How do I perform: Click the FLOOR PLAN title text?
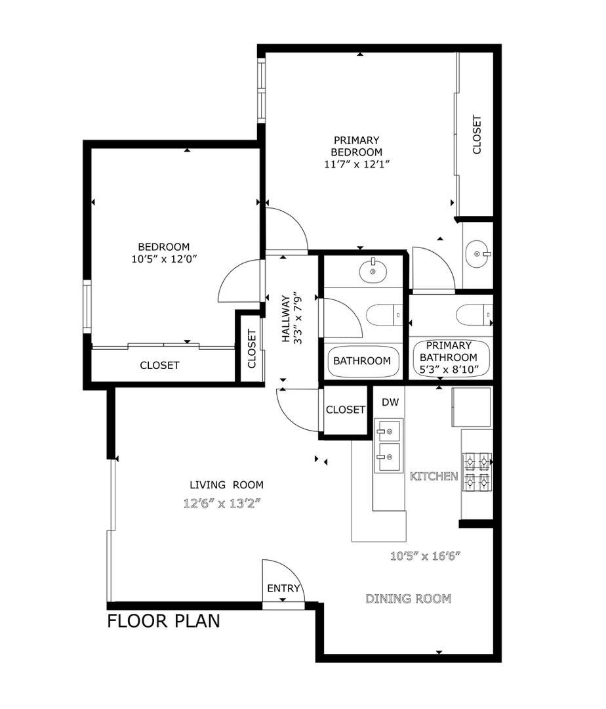(x=163, y=621)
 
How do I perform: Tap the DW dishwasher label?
(x=390, y=402)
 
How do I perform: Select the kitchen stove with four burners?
(x=477, y=472)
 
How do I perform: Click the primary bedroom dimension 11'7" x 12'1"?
(x=357, y=164)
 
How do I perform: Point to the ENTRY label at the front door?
(x=283, y=589)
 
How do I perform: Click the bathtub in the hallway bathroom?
(x=363, y=361)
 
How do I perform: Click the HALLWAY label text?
(x=287, y=319)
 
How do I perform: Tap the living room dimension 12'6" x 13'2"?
(x=226, y=504)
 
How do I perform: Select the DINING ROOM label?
(x=408, y=599)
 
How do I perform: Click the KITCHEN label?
(x=434, y=476)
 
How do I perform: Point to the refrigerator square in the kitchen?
(x=471, y=406)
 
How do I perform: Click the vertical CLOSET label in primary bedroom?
(x=477, y=135)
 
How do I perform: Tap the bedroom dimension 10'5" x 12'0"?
(x=164, y=259)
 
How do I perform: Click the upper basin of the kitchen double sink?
(x=388, y=431)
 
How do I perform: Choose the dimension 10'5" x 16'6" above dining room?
(x=426, y=557)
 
